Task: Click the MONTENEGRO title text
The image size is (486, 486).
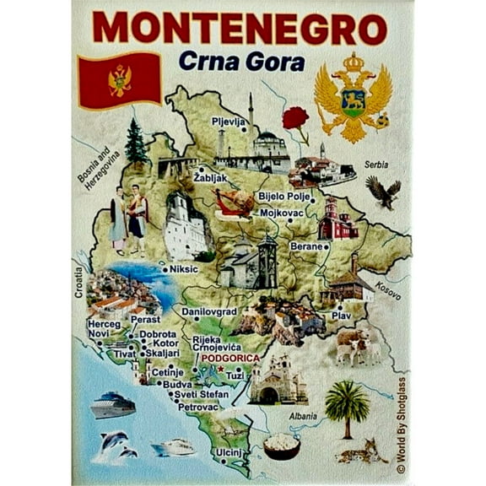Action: click(x=240, y=27)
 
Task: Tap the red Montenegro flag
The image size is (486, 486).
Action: click(x=119, y=79)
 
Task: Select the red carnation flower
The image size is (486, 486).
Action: click(x=295, y=121)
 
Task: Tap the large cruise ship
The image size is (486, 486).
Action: click(x=113, y=405)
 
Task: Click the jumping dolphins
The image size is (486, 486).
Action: click(x=116, y=444)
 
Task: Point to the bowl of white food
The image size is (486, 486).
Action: click(x=282, y=445)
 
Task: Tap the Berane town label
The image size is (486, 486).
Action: click(x=305, y=246)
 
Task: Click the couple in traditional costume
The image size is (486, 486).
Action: click(x=128, y=220)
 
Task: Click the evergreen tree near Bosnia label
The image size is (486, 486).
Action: click(x=135, y=144)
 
